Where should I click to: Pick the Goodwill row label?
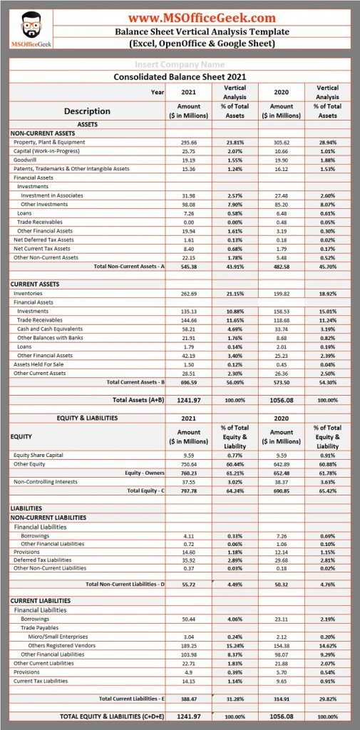[x=24, y=160]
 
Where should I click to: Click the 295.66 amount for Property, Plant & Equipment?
[x=189, y=142]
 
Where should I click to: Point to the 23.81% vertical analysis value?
[x=235, y=142]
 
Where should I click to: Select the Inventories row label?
[x=28, y=293]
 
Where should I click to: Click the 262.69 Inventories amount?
[x=189, y=293]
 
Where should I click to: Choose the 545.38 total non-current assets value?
[x=189, y=266]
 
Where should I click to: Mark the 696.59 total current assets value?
[x=189, y=381]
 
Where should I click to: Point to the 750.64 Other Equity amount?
[x=189, y=463]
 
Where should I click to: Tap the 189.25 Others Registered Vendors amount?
[x=189, y=644]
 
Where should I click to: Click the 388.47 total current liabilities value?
[x=189, y=698]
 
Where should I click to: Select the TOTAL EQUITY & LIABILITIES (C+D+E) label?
[x=113, y=715]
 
